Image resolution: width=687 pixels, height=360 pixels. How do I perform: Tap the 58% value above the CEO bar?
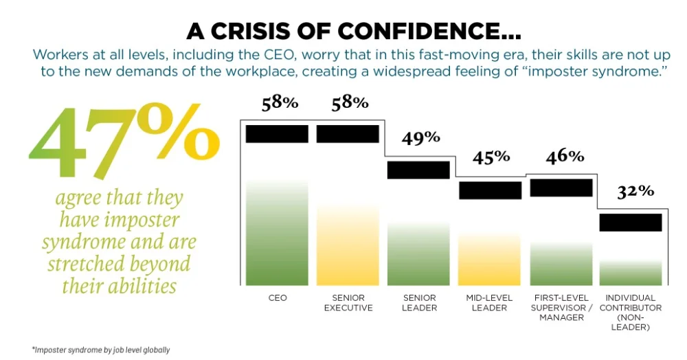[x=280, y=104]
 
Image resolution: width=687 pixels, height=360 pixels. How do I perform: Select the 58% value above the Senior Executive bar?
[x=350, y=103]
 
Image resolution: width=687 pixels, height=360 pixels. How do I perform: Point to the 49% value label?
[x=421, y=137]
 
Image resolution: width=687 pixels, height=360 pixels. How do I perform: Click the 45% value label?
[x=491, y=157]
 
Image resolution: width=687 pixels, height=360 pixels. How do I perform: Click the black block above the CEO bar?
[x=278, y=133]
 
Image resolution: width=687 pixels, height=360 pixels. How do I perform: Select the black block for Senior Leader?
[x=418, y=170]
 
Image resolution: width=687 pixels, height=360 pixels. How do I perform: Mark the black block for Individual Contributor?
[x=630, y=222]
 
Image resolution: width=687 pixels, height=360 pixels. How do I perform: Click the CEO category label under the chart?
[x=278, y=298]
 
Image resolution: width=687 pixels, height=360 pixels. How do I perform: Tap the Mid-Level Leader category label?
[x=490, y=303]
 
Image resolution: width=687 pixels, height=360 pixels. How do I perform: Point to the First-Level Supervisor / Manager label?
[x=561, y=308]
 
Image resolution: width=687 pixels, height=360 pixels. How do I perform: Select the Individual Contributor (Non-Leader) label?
[x=631, y=313]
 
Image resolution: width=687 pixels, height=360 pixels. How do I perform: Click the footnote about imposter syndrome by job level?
[x=101, y=350]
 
